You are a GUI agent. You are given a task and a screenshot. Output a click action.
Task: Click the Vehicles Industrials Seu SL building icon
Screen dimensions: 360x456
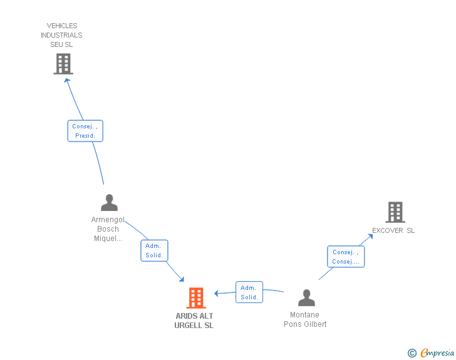(x=63, y=63)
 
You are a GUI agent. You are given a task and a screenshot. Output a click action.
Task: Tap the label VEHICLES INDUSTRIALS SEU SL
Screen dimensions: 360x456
(x=62, y=35)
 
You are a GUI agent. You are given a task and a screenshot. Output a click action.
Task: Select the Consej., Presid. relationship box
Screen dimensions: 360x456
(x=85, y=131)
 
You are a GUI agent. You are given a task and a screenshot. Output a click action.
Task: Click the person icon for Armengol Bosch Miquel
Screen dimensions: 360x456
(x=109, y=203)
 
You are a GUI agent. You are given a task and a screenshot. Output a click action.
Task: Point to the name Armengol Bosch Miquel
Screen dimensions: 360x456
(x=108, y=229)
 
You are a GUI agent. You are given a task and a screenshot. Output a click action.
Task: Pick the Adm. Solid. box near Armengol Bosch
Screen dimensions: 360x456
(x=154, y=250)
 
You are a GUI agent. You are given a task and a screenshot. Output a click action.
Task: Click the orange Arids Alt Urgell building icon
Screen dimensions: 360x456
(x=196, y=298)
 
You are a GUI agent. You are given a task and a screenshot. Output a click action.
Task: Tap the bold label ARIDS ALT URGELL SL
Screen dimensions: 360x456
(x=194, y=321)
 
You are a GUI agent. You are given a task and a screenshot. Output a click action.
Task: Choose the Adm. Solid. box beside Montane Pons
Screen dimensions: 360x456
(x=249, y=292)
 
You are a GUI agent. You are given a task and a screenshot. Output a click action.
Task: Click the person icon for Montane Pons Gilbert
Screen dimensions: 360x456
(x=306, y=297)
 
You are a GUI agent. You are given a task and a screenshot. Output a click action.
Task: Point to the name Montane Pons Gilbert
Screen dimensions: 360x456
(x=305, y=319)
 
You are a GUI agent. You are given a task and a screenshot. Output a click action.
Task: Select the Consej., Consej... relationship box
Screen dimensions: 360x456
(x=346, y=257)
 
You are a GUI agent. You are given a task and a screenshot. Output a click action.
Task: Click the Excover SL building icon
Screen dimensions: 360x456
(x=395, y=212)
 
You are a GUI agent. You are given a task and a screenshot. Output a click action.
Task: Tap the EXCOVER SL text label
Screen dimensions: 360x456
(x=393, y=230)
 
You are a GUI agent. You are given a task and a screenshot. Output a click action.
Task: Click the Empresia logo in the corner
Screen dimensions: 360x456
(x=437, y=353)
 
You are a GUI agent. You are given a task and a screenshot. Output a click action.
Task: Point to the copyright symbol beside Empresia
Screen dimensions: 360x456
(x=412, y=353)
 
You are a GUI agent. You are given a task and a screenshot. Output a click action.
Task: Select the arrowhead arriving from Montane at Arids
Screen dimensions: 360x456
(x=217, y=293)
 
